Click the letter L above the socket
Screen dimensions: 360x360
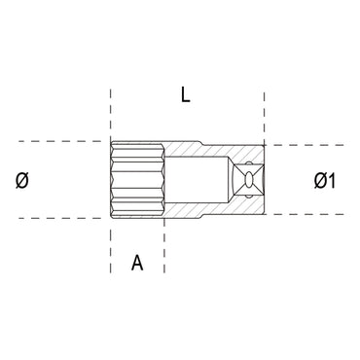click(x=184, y=96)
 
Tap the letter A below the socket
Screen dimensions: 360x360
click(x=137, y=262)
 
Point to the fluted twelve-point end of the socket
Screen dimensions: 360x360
click(x=136, y=180)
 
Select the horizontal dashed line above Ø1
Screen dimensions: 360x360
click(x=302, y=146)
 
